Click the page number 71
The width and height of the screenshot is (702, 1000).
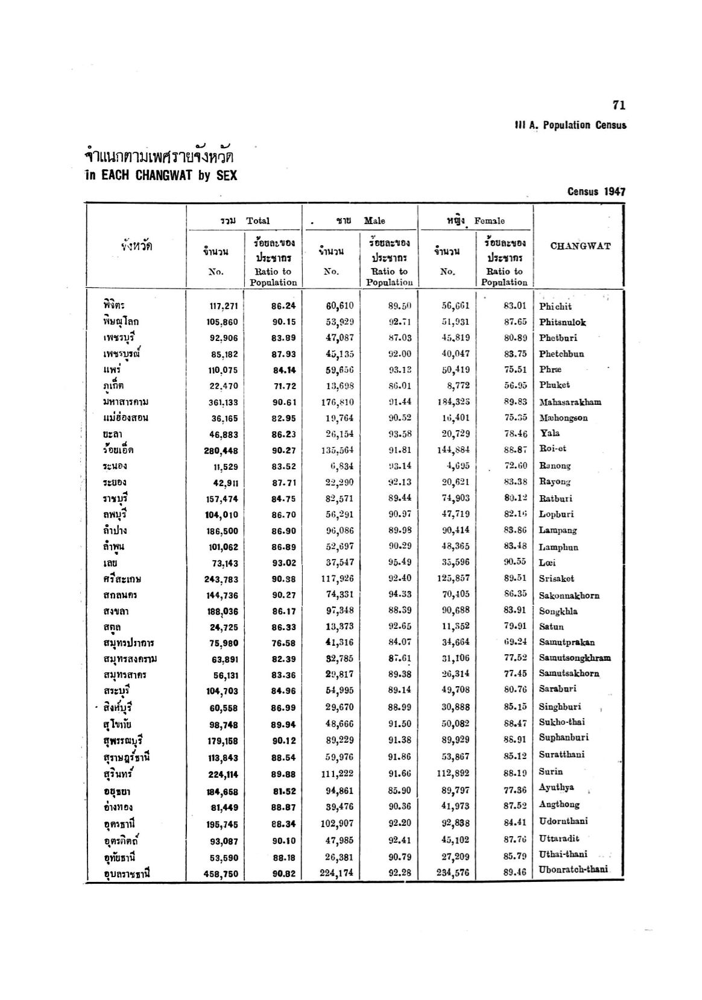pos(619,105)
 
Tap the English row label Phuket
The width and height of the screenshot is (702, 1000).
pos(554,385)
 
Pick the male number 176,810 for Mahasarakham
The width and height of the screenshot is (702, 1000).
pos(338,402)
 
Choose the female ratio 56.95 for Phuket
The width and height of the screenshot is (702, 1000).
pos(515,386)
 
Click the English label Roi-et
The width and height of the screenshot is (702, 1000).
pos(552,449)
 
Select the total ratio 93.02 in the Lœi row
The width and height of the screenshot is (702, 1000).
pos(283,563)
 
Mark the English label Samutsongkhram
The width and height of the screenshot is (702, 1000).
pos(575,658)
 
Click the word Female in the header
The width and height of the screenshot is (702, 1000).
pos(490,221)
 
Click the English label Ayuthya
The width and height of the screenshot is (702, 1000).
pos(556,787)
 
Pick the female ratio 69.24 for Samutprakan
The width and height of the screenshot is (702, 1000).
pos(515,642)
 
